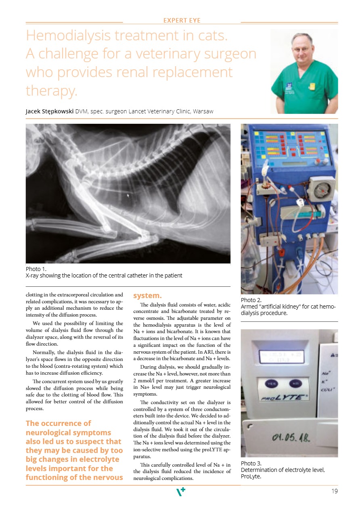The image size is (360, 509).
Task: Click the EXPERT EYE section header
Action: point(182,20)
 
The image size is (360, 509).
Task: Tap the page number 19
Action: point(334,491)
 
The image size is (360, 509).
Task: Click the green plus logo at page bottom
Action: point(181,492)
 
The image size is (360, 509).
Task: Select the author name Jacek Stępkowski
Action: point(50,111)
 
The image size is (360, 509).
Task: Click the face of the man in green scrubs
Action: point(302,48)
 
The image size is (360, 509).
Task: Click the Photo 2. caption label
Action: point(251,300)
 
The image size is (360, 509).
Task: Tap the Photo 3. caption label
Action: point(251,463)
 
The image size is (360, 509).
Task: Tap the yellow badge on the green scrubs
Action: point(312,86)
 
